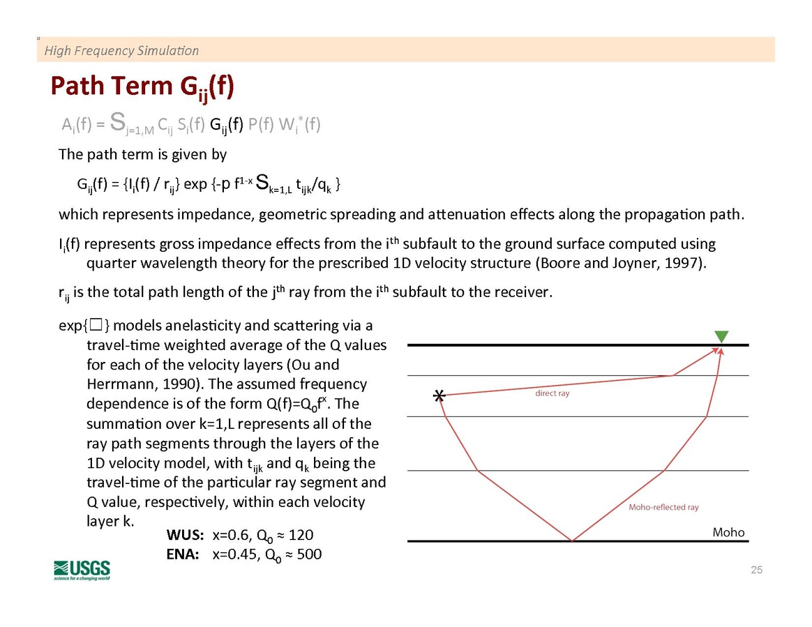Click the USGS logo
point(82,569)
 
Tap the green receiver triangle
point(721,337)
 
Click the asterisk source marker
point(439,397)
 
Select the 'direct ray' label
point(552,393)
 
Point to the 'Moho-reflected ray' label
point(663,507)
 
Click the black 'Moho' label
point(728,532)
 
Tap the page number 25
point(757,571)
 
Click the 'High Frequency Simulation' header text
point(121,50)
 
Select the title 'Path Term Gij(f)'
point(142,87)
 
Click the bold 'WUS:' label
point(185,535)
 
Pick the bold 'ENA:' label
point(183,554)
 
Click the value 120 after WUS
point(301,535)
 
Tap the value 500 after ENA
point(309,554)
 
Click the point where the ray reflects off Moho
point(572,541)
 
